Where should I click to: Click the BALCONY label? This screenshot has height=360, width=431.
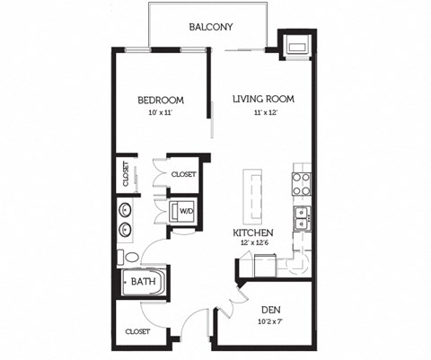211,27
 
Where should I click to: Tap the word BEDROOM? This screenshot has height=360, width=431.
161,100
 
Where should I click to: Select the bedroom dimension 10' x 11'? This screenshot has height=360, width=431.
161,113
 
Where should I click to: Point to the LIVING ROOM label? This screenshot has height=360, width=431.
264,99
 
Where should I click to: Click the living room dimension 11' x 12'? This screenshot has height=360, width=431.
264,113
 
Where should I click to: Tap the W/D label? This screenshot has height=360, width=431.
187,212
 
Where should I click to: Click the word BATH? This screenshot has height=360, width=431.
143,282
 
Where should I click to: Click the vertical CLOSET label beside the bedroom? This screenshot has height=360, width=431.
125,174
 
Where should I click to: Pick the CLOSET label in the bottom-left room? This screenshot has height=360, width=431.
137,331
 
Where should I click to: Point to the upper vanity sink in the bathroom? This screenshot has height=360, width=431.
125,211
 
